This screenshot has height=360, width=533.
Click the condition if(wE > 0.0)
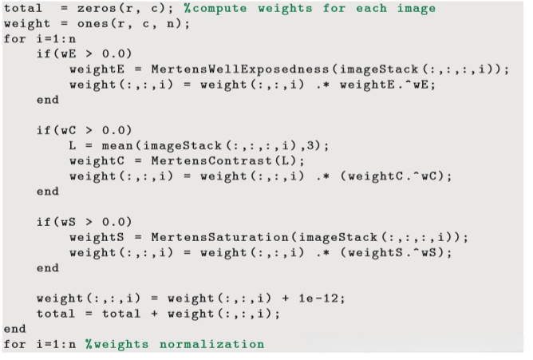click(84, 54)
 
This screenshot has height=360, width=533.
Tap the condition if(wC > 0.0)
click(84, 130)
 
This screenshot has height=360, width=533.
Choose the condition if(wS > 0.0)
click(84, 222)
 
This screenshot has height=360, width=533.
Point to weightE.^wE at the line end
click(389, 85)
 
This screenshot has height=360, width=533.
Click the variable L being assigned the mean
click(73, 146)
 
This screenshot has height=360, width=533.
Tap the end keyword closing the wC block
click(47, 192)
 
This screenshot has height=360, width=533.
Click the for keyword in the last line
click(14, 344)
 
